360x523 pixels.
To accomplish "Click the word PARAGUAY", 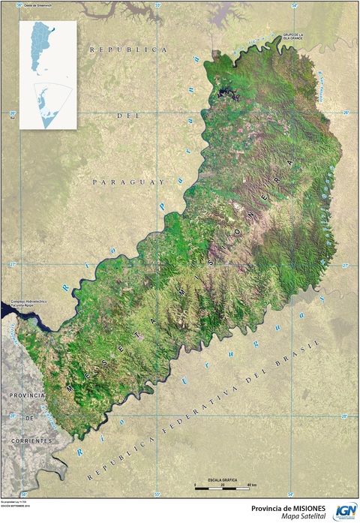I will click(x=127, y=182).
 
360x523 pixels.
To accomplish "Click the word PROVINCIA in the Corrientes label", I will click(x=28, y=395).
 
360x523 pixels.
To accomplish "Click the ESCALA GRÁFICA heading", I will click(x=223, y=478).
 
